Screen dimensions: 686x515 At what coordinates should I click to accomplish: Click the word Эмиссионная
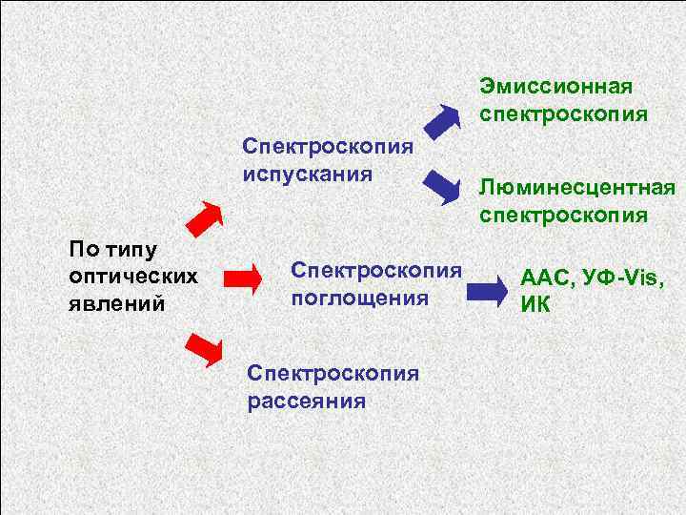[x=556, y=88]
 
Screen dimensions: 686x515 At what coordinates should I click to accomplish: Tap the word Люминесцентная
[x=578, y=188]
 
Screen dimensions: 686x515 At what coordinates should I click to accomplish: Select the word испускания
[x=306, y=175]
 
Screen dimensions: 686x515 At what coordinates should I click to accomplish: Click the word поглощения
[x=360, y=298]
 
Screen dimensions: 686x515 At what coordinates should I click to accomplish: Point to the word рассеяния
[x=307, y=401]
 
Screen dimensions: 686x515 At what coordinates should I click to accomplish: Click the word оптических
[x=133, y=277]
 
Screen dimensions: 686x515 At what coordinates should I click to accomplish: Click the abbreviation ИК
[x=535, y=307]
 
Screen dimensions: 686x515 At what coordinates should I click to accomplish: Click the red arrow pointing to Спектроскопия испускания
[x=203, y=219]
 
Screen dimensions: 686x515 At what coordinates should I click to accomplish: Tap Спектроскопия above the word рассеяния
[x=333, y=373]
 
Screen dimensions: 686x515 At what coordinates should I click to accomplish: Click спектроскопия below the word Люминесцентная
[x=564, y=215]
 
